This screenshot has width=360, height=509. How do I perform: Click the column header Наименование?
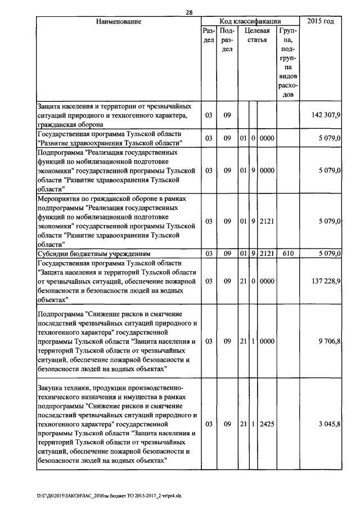[x=118, y=22]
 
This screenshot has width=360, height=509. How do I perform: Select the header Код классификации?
[x=250, y=21]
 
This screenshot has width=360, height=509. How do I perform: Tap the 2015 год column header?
[x=321, y=21]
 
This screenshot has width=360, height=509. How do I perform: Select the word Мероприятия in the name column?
[x=58, y=199]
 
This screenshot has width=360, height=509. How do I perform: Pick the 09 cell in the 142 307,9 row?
[x=227, y=115]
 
